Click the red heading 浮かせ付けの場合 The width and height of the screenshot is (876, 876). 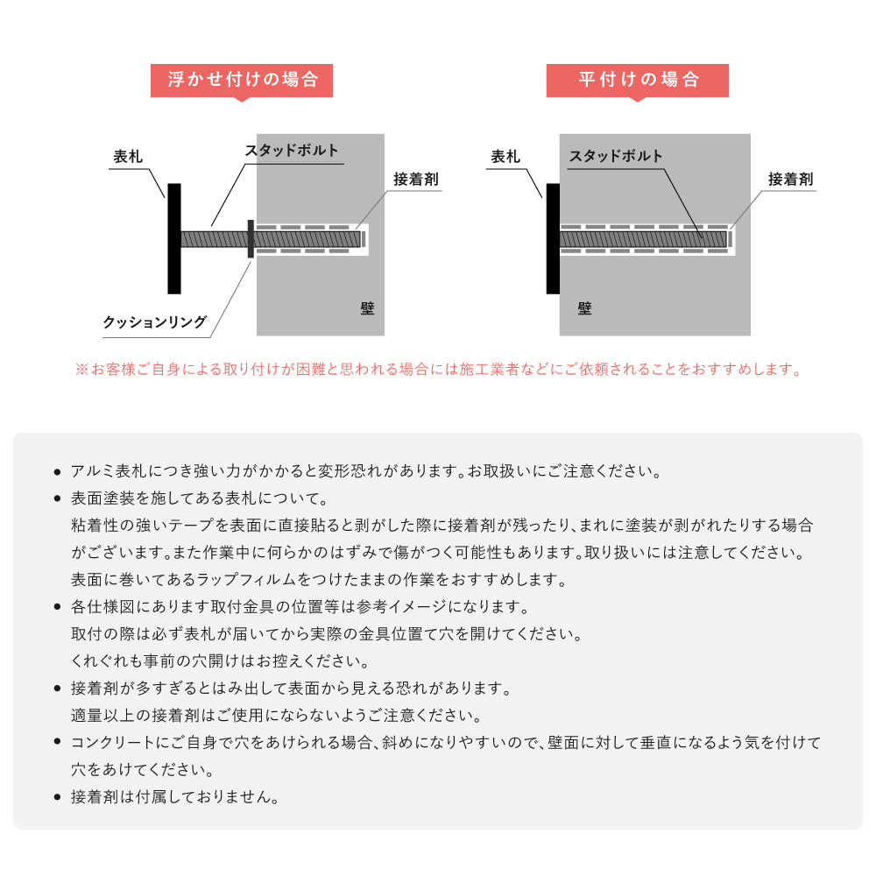[x=242, y=81]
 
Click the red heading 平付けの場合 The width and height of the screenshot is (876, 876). [x=638, y=81]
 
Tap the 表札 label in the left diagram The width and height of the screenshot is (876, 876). [x=128, y=158]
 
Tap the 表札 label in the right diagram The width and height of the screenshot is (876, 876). [x=505, y=158]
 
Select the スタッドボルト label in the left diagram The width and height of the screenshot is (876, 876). [x=291, y=151]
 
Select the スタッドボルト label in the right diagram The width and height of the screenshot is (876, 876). [x=616, y=157]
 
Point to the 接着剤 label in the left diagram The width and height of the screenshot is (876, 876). [x=415, y=180]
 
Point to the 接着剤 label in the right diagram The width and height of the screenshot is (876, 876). [x=791, y=180]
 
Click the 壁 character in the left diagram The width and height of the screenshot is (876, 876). [x=366, y=308]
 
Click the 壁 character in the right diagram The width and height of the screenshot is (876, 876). [x=584, y=308]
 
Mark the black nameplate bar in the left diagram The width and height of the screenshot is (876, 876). [x=174, y=238]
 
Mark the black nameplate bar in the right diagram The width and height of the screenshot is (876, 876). [x=553, y=238]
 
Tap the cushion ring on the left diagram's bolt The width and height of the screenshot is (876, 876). [x=251, y=238]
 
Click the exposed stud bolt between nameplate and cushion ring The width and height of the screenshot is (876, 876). [x=214, y=238]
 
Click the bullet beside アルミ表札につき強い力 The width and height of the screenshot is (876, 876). [x=57, y=472]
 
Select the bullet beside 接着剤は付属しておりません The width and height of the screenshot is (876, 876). [x=57, y=798]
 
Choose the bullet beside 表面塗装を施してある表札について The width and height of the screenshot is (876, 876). [x=57, y=499]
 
